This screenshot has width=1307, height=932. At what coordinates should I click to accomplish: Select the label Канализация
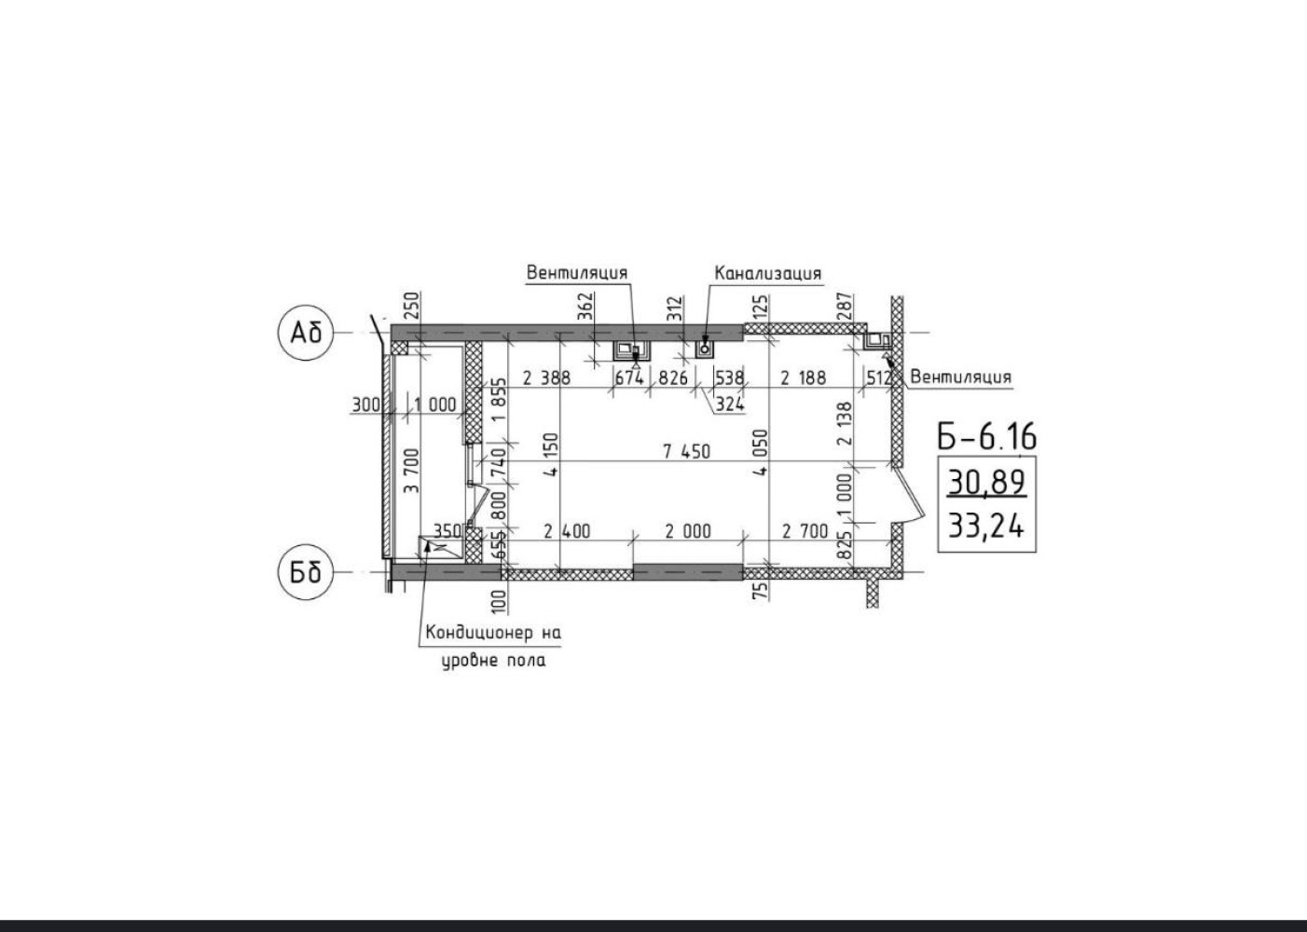pos(768,273)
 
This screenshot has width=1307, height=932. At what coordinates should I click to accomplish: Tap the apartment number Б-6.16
pos(986,436)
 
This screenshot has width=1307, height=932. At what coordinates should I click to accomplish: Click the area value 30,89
pos(986,483)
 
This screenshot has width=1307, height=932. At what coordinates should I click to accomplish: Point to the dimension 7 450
pos(687,451)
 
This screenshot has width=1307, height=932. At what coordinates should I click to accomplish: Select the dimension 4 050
pos(761,453)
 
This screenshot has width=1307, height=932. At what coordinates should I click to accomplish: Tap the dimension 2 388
pos(546,378)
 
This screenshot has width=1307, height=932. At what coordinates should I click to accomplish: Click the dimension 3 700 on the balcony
pos(411,470)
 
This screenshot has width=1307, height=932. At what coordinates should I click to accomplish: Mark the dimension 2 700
pos(805,531)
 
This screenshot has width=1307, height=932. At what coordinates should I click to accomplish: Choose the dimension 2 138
pos(845,423)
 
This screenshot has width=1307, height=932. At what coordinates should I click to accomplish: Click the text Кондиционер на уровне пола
pos(494,647)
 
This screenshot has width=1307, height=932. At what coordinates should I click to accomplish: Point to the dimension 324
pos(730,404)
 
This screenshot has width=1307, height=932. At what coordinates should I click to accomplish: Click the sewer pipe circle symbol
pos(705,349)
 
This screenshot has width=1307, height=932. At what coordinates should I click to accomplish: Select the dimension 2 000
pos(689,531)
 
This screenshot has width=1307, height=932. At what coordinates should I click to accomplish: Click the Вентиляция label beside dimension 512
pos(960,377)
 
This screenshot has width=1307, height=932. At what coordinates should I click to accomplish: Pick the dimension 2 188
pos(804,378)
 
